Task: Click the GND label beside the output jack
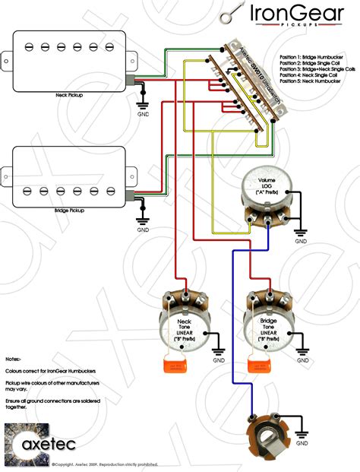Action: point(302,442)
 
